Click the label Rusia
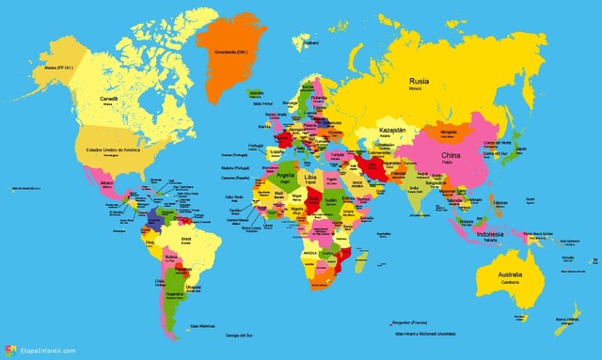coord(419,82)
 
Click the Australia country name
coord(499,274)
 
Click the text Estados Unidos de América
coord(106,149)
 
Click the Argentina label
coord(175,293)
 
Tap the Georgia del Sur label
coord(235,336)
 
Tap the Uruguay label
coord(194,287)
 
